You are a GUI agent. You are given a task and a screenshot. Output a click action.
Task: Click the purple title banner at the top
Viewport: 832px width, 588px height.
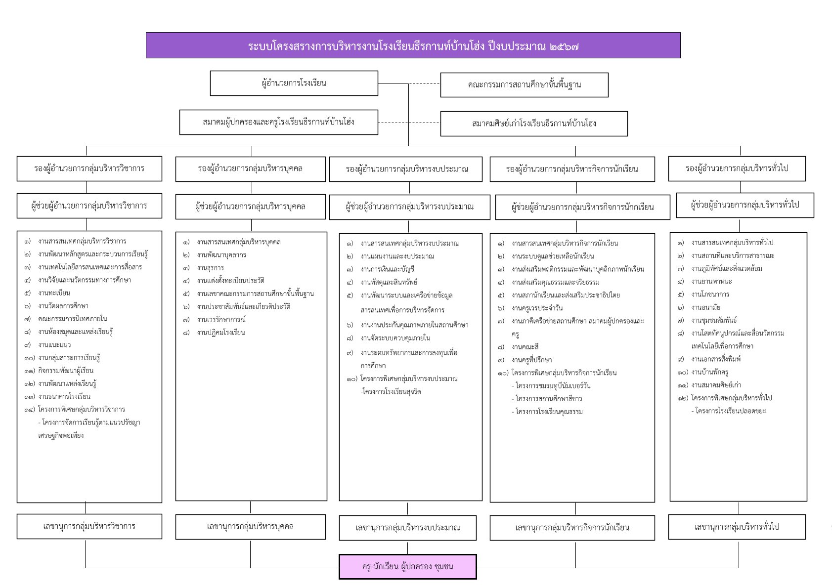(x=413, y=45)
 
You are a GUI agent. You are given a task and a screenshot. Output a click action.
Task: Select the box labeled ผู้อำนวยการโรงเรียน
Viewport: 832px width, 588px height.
(x=294, y=83)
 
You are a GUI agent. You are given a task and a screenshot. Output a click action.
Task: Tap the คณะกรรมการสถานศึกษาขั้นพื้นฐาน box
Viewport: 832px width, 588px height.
(x=524, y=85)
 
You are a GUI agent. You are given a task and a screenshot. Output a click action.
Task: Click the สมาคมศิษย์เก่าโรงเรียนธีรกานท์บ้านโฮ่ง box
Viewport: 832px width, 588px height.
(x=534, y=124)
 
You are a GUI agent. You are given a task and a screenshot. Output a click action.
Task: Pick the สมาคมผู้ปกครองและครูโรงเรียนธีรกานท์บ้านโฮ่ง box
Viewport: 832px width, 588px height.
(x=279, y=122)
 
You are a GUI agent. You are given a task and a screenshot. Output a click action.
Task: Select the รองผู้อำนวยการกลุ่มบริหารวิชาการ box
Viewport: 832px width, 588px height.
(x=89, y=168)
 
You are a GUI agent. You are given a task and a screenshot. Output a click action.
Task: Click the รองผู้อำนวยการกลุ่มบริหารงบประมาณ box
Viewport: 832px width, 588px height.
(x=405, y=169)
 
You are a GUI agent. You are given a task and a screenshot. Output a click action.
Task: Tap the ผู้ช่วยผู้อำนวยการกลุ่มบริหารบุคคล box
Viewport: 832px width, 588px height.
(x=250, y=207)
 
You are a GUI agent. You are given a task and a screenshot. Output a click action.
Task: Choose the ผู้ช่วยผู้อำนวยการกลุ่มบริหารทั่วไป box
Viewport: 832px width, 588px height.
(x=744, y=205)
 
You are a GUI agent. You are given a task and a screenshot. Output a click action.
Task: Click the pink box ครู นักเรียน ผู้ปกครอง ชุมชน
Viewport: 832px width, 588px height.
(x=407, y=567)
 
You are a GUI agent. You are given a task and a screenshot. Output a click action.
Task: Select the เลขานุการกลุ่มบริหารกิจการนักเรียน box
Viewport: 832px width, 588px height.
(x=572, y=528)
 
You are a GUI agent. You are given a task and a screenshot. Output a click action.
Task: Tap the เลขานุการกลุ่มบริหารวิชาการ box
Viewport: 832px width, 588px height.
(x=89, y=526)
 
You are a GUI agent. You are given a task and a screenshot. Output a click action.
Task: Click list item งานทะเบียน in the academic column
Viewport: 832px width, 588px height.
(x=54, y=293)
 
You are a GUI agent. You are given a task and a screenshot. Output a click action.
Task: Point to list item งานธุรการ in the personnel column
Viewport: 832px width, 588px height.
(x=210, y=268)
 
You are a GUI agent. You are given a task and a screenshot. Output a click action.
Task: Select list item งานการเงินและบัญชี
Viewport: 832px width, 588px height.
(x=387, y=269)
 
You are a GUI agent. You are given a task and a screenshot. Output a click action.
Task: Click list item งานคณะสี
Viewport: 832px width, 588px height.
(x=525, y=347)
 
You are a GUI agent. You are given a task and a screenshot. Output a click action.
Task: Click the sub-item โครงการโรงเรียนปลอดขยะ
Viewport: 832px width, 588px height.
(x=728, y=411)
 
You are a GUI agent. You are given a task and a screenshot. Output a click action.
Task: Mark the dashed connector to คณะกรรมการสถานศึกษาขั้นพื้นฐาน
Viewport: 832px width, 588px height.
(x=424, y=84)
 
